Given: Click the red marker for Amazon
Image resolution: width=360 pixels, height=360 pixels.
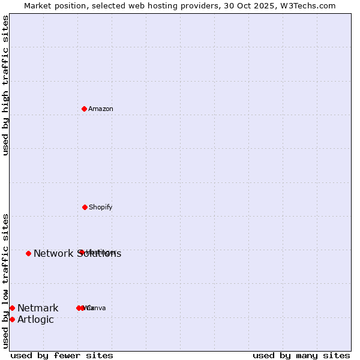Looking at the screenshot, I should click(x=85, y=109).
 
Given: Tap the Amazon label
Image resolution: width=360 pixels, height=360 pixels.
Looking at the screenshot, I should click(x=101, y=109).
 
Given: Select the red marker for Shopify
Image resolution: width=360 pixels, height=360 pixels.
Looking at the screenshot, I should click(x=85, y=207).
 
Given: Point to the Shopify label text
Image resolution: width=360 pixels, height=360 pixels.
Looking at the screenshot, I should click(x=101, y=207).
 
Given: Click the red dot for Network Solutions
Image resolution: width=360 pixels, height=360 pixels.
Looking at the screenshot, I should click(x=28, y=253).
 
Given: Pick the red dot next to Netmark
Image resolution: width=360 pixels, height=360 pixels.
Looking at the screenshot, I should click(x=12, y=308).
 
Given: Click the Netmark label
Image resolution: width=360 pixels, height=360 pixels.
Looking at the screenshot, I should click(x=38, y=308).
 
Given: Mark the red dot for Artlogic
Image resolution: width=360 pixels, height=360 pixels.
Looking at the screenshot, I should click(x=12, y=319).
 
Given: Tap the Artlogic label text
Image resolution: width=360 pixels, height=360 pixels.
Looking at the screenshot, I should click(x=35, y=320).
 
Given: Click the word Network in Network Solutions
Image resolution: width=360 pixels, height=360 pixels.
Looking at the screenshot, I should click(x=53, y=254).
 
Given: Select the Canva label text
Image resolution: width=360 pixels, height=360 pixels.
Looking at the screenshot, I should click(x=97, y=308).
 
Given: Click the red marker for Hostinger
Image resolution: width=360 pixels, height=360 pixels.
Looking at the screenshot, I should click(x=80, y=252).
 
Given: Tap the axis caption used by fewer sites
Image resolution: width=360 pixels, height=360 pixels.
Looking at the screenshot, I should click(x=62, y=355).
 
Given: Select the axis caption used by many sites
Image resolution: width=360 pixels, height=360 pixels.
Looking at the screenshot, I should click(x=301, y=355).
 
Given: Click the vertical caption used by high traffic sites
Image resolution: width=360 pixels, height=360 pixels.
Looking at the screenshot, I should click(x=5, y=85).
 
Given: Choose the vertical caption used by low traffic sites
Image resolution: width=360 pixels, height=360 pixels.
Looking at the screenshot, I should click(x=5, y=281).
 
